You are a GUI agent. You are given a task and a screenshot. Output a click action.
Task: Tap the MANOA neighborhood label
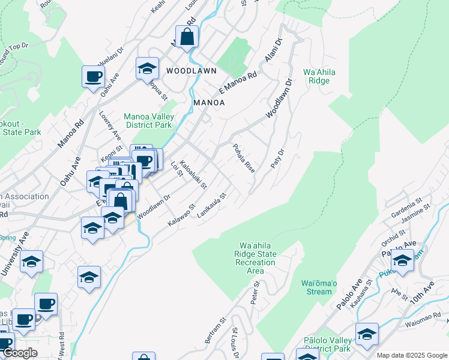coord(209,103)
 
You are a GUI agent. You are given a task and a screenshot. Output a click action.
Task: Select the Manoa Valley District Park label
coord(148,121)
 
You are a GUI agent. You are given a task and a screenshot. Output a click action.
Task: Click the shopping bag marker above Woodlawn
coord(187,37)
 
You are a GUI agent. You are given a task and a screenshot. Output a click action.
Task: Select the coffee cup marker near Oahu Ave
coord(94,76)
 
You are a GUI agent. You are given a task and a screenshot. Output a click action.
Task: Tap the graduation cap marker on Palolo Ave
coord(402,260)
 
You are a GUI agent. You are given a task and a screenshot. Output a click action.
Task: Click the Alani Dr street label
coord(271,52)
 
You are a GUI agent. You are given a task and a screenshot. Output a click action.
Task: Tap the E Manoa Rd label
coord(238,83)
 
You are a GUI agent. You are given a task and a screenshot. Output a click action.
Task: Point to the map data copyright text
coord(412,355)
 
